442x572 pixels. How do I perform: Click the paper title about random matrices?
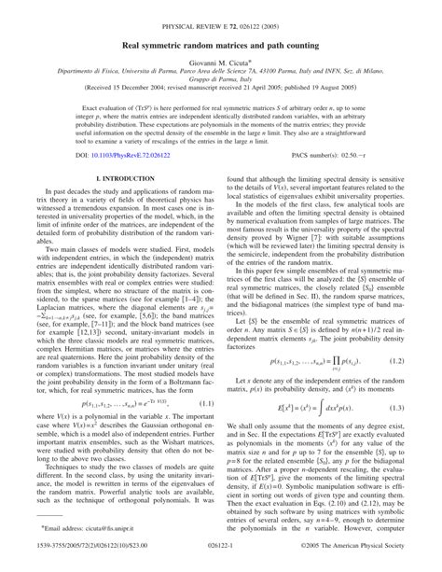[x=220, y=43]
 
